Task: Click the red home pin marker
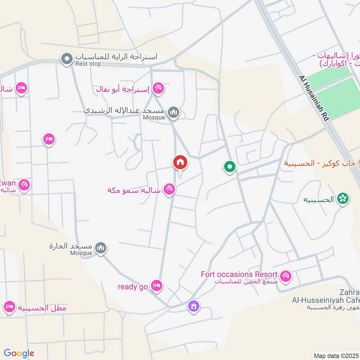pos(180,163)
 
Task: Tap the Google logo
pos(19,353)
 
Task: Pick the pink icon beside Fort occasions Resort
pos(285,275)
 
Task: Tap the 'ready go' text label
pos(133,287)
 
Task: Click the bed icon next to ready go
pos(157,285)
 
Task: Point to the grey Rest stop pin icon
pos(67,58)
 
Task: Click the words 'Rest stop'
pos(89,64)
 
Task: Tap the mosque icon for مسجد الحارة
pos(102,247)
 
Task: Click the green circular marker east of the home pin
pos(230,167)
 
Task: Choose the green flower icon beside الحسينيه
pos(343,198)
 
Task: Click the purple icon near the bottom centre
pos(193,306)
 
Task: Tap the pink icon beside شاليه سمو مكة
pos(169,189)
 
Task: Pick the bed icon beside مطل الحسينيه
pos(9,307)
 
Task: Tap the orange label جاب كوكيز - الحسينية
pos(319,163)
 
